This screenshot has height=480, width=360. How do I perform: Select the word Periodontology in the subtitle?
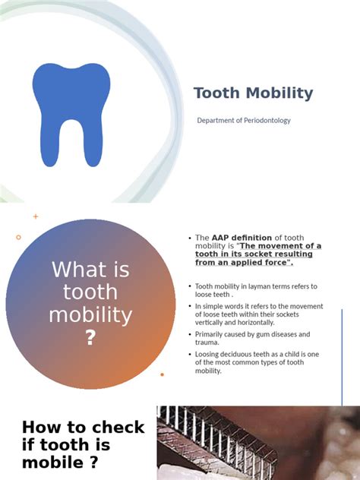point(264,121)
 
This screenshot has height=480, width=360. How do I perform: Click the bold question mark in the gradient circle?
point(90,339)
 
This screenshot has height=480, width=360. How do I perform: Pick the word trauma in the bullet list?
point(207,343)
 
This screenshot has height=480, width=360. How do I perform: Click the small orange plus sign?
point(36,216)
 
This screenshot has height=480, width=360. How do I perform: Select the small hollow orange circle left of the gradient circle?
point(19,237)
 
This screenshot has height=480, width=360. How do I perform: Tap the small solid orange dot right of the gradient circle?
point(162,374)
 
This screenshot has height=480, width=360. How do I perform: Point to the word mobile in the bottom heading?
point(52,463)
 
